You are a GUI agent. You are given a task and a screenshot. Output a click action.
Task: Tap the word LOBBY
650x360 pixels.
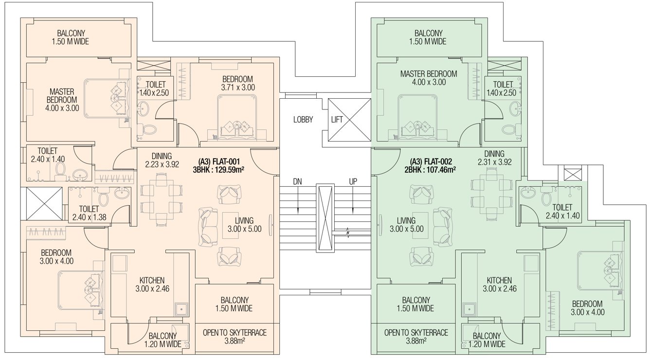pos(303,119)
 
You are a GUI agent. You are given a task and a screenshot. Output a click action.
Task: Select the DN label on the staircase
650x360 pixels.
pos(297,181)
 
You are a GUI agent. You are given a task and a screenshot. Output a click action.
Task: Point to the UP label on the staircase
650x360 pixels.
pos(354,181)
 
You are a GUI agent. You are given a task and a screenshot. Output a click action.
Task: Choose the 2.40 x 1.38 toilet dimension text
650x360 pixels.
pos(89,217)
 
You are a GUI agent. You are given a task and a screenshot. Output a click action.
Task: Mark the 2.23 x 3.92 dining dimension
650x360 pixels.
pos(162,164)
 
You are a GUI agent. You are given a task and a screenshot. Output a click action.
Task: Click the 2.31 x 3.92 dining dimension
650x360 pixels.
pos(494,162)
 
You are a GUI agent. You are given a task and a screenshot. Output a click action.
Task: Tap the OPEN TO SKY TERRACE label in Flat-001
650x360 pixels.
pos(235,333)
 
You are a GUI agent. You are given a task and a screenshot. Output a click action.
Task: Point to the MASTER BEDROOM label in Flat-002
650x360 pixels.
pos(428,74)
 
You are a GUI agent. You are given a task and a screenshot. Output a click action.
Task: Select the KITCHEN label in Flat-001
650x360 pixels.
pos(152,280)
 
